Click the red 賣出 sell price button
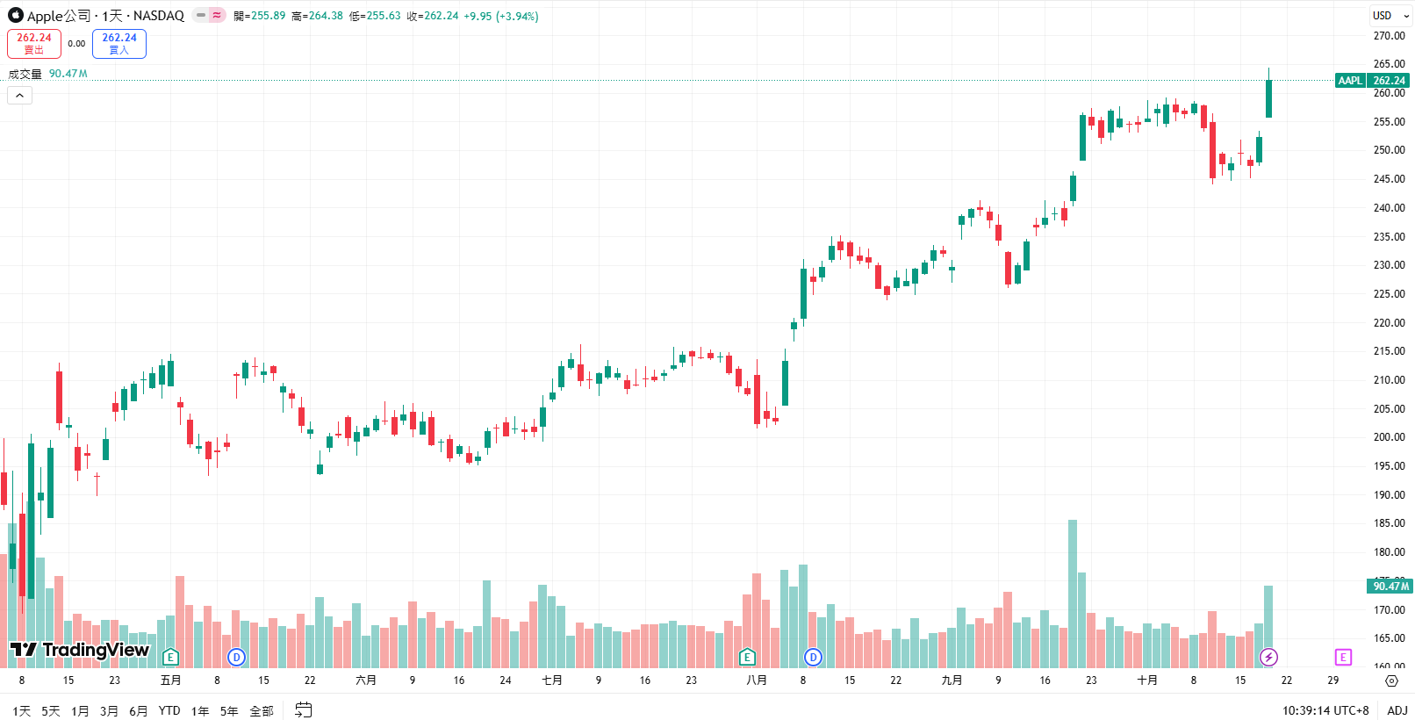[x=34, y=44]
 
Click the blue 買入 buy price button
[x=119, y=44]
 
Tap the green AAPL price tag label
[x=1350, y=81]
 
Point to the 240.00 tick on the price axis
[x=1389, y=208]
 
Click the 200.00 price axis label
[x=1389, y=437]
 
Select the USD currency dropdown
[x=1390, y=16]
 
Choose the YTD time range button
[x=169, y=711]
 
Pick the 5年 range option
[x=229, y=711]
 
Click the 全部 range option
[x=262, y=711]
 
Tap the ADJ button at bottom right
[x=1397, y=710]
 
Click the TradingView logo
[x=80, y=650]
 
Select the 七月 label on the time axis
[x=552, y=680]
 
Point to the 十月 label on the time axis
[x=1147, y=680]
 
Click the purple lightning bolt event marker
[x=1268, y=657]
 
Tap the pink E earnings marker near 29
[x=1343, y=657]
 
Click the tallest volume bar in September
[x=1073, y=593]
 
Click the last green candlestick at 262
[x=1268, y=98]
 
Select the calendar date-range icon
[x=304, y=710]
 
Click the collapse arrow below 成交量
[x=19, y=95]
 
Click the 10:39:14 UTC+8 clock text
[x=1325, y=710]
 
